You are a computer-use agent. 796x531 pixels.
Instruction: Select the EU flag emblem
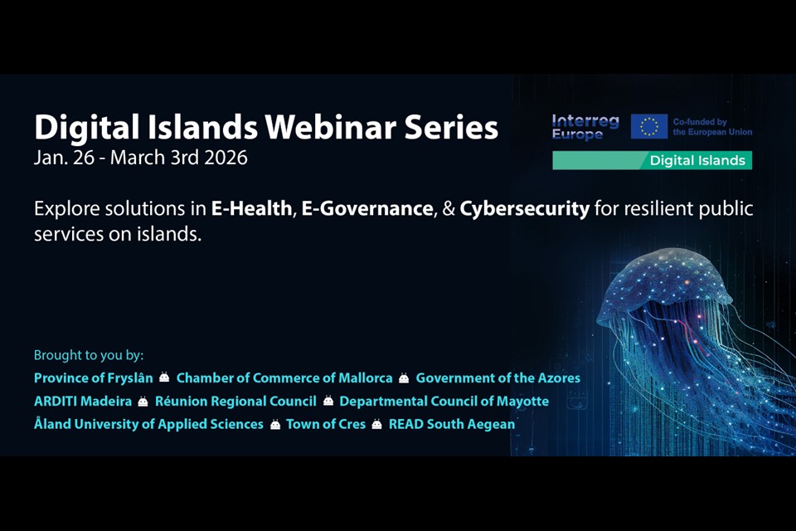tap(648, 126)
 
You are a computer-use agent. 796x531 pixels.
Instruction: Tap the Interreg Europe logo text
tap(585, 127)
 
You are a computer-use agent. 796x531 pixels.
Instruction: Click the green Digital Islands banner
tap(652, 161)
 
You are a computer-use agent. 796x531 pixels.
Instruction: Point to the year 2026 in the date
tap(226, 158)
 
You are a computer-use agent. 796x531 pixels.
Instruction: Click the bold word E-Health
tap(252, 208)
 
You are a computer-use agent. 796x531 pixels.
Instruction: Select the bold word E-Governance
tap(367, 208)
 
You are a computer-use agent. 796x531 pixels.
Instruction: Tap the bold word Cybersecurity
tap(524, 209)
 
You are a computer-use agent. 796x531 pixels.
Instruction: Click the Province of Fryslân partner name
tap(94, 378)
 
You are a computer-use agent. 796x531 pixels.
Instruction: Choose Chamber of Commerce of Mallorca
tap(284, 378)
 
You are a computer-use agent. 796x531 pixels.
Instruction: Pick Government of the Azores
tap(498, 378)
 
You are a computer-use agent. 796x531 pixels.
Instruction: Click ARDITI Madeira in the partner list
tap(83, 402)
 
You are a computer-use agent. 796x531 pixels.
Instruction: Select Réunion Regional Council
tap(235, 402)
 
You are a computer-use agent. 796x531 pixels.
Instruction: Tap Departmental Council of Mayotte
tap(444, 402)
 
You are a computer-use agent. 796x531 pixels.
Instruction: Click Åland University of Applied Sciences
tap(148, 424)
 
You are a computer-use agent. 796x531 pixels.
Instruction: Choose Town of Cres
tap(326, 424)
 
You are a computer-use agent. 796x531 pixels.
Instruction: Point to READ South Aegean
tap(452, 424)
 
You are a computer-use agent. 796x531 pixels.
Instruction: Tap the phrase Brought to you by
tap(89, 355)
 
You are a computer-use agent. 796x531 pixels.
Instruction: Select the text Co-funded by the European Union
tap(712, 127)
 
